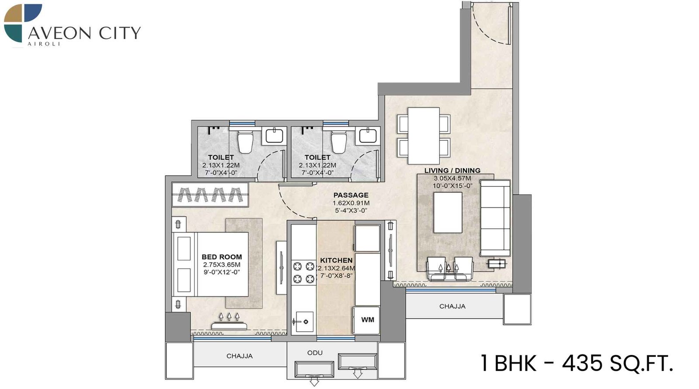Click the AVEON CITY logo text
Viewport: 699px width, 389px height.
84,33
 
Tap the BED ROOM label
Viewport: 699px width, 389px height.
221,257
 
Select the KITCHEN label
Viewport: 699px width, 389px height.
336,260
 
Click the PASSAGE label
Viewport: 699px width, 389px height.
351,195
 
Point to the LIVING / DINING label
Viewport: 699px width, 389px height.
452,171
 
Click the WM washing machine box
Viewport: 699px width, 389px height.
367,320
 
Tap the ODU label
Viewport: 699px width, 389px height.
315,353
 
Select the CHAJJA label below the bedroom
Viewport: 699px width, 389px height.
239,356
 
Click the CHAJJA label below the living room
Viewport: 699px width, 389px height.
452,306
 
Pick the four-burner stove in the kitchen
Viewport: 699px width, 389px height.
304,272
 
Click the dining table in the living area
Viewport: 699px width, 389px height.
423,136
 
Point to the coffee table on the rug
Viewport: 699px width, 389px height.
448,213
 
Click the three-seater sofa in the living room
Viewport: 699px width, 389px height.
495,218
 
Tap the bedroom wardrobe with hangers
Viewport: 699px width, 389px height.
210,194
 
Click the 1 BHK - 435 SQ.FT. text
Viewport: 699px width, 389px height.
577,363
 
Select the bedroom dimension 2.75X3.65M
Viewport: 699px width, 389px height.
221,265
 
